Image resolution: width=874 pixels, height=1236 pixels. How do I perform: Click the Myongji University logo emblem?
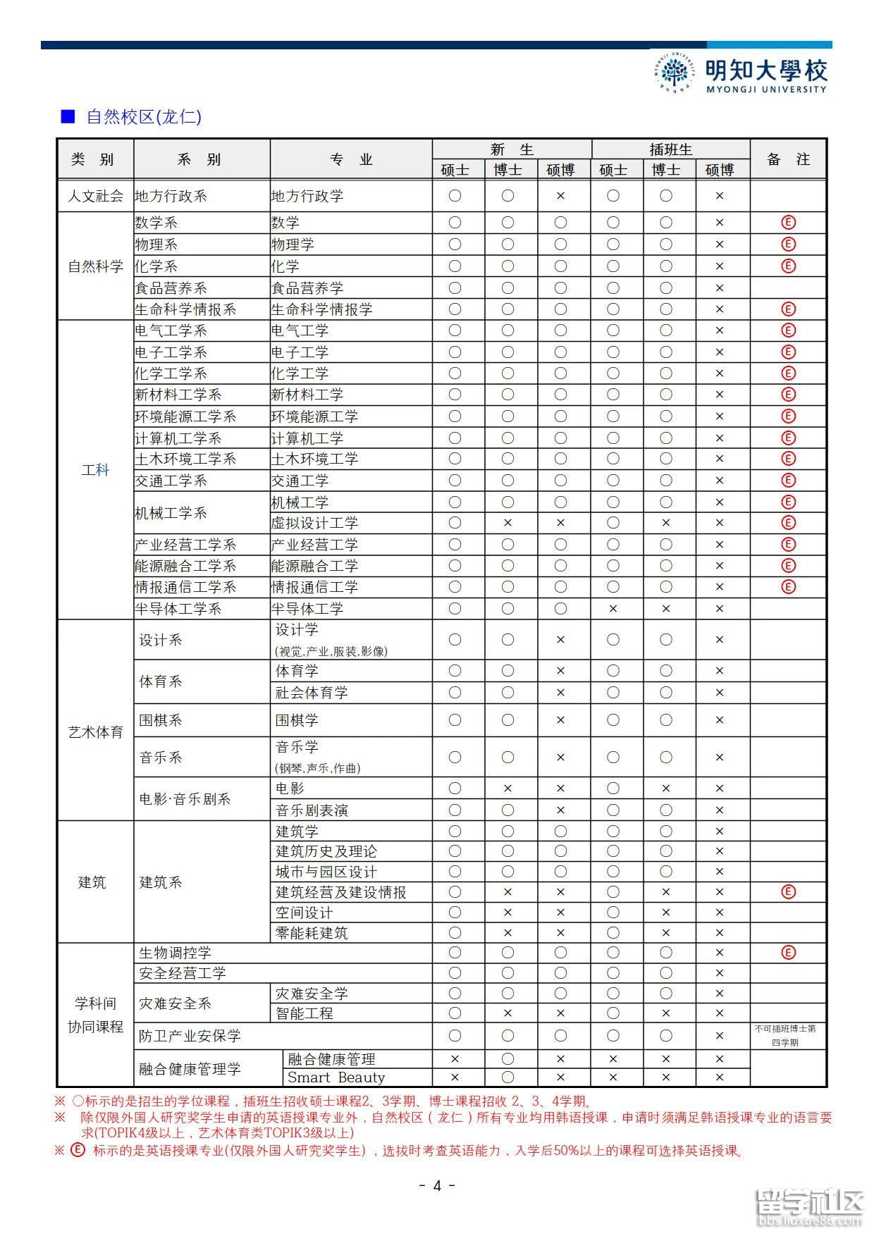click(x=675, y=73)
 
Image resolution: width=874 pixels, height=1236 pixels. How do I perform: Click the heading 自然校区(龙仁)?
click(x=143, y=117)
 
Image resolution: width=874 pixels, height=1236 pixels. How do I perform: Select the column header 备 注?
click(x=788, y=159)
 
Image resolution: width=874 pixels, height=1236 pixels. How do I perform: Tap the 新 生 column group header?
click(x=512, y=149)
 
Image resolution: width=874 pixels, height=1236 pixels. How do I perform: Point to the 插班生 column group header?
click(x=670, y=149)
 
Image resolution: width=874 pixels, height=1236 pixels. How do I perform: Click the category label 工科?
click(x=95, y=470)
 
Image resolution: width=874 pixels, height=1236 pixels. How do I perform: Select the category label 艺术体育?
click(x=95, y=732)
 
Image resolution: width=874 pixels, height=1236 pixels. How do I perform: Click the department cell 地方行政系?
click(x=171, y=196)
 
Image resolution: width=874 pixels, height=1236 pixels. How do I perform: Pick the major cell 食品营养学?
click(x=307, y=288)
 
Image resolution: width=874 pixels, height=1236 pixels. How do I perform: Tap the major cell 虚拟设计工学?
click(x=314, y=523)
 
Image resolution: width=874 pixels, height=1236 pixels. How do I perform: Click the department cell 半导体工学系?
click(x=178, y=609)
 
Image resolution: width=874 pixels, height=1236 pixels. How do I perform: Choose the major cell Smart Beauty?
click(x=336, y=1077)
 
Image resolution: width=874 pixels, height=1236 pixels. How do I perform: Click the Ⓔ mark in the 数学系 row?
click(x=788, y=223)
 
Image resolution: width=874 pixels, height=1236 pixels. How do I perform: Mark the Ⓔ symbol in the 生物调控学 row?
click(x=788, y=953)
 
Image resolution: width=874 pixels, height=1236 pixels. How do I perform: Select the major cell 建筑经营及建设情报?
click(x=340, y=892)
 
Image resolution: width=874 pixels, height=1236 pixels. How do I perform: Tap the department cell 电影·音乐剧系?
click(x=185, y=799)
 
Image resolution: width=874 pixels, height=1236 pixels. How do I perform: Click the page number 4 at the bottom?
click(x=436, y=1186)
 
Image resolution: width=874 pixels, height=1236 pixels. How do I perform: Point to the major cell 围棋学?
click(x=297, y=720)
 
